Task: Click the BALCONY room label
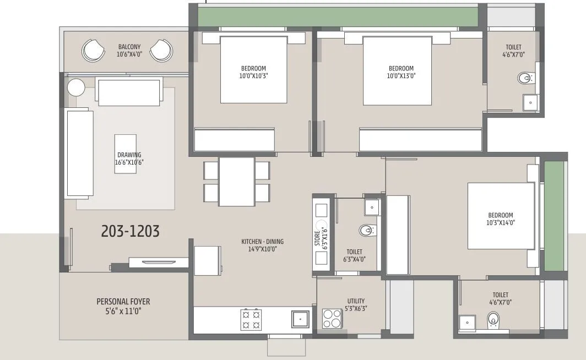(x=129, y=47)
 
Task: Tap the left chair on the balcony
(x=93, y=51)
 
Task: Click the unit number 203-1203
(x=131, y=232)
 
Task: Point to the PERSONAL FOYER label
(x=123, y=302)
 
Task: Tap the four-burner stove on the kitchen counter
(x=251, y=319)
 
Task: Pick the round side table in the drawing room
(x=76, y=88)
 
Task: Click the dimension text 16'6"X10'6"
(x=129, y=162)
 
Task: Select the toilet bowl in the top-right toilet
(x=526, y=78)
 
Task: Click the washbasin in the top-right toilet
(x=530, y=102)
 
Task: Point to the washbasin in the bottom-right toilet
(x=467, y=321)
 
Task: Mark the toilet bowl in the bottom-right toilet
(x=493, y=319)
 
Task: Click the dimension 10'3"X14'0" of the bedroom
(x=500, y=223)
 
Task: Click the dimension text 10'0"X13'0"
(x=400, y=76)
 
